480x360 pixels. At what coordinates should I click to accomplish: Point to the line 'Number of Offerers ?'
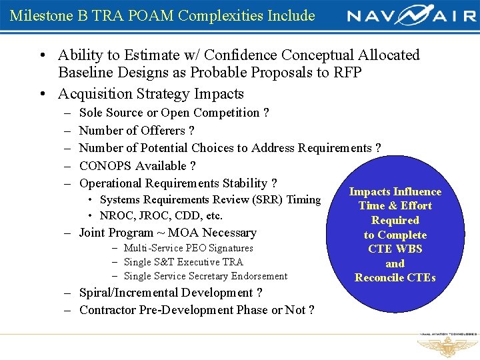pos(137,130)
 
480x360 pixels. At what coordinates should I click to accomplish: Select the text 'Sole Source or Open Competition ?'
pos(173,113)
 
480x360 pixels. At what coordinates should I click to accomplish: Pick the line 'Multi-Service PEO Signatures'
pos(189,248)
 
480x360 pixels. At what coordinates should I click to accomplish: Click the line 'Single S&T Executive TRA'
pos(183,262)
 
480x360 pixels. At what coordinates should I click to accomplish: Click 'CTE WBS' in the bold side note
pos(395,249)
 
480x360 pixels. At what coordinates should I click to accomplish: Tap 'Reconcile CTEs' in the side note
pos(395,277)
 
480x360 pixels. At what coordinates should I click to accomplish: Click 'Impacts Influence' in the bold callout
pos(395,191)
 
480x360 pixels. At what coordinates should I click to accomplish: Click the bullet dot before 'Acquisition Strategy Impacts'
pos(41,94)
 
